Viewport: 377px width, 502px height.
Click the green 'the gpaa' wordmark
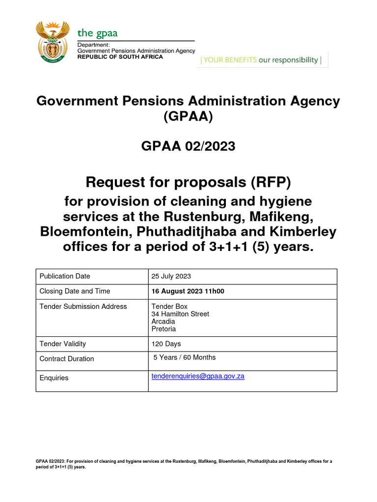(97, 33)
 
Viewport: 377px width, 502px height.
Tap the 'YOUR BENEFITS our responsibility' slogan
(262, 60)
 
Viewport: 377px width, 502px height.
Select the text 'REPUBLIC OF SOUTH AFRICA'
(120, 57)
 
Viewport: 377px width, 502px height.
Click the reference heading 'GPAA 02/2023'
(188, 146)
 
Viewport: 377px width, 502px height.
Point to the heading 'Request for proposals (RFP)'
(188, 182)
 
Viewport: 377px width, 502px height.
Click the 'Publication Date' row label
(65, 276)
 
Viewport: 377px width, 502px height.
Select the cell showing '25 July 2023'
(171, 276)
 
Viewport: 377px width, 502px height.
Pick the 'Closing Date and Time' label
(75, 291)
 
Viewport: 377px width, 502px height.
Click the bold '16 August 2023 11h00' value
(188, 291)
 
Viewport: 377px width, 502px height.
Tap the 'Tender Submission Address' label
(83, 306)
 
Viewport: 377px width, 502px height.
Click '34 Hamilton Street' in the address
(180, 314)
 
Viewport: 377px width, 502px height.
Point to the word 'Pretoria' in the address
(163, 329)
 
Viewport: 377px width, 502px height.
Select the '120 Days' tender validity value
(166, 344)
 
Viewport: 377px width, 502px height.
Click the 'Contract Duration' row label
(66, 359)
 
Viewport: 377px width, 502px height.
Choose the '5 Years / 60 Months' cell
(185, 357)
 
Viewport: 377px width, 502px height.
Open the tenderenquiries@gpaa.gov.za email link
(198, 376)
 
